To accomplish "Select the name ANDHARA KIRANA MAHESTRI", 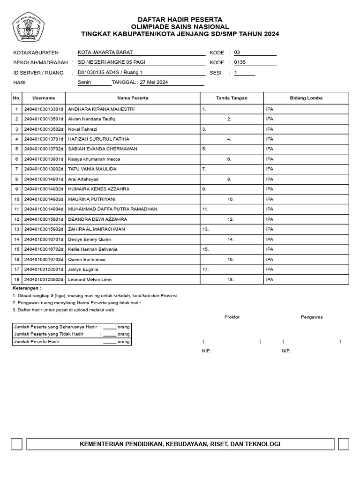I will click(x=101, y=109).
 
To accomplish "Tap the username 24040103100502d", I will click(x=44, y=280).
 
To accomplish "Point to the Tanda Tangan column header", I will click(x=232, y=98).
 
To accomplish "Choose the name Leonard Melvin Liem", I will click(x=90, y=280).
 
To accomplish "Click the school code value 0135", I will click(x=240, y=63).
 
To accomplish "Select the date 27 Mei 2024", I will click(x=154, y=82).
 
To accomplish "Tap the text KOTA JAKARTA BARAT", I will click(x=102, y=53).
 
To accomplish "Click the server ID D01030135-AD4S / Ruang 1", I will click(x=110, y=73).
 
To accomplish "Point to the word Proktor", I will click(x=232, y=317).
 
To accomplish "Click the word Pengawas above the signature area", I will click(x=311, y=317).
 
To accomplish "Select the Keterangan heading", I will click(x=27, y=288).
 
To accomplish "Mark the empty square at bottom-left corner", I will click(x=17, y=444).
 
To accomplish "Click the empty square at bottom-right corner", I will click(x=343, y=444).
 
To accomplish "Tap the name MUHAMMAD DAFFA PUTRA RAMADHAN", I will click(x=112, y=210).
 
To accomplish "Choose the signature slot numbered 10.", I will click(x=231, y=199).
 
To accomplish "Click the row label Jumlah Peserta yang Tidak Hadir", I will click(x=49, y=334).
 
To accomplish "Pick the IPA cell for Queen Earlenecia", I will click(x=270, y=260).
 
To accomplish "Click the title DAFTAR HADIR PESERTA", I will click(x=180, y=20).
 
